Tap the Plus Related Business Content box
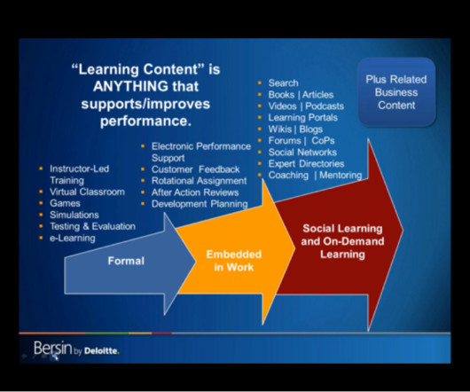(396, 92)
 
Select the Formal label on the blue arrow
(126, 261)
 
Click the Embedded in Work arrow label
(234, 261)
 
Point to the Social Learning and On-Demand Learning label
(342, 241)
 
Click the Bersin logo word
(53, 349)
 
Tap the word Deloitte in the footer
(102, 351)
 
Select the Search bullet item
(283, 83)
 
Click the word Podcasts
(325, 106)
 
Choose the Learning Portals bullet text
(303, 117)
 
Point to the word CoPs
(323, 140)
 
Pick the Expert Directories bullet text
(306, 164)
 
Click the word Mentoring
(341, 175)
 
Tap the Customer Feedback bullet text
(195, 169)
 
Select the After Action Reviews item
(195, 192)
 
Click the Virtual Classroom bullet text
(87, 192)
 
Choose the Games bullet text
(65, 203)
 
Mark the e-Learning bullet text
(73, 238)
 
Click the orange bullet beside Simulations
(41, 215)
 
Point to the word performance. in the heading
(145, 122)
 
